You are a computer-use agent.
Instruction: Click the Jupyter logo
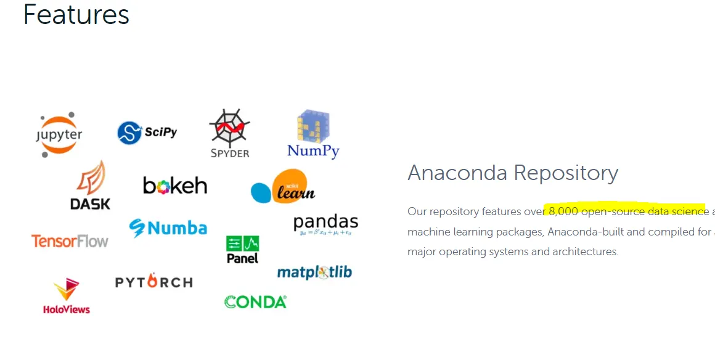[59, 134]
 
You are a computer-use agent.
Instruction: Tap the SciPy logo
[147, 133]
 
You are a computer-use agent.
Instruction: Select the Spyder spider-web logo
[229, 134]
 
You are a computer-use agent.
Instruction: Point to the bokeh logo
[175, 185]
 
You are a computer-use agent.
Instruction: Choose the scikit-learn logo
[284, 187]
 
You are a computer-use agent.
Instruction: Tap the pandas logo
[325, 224]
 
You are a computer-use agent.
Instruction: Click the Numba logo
[168, 228]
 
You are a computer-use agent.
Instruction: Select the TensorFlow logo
[70, 240]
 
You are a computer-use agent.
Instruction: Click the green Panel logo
[242, 249]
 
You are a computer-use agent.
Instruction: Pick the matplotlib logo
[314, 272]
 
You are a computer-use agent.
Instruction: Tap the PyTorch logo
[153, 282]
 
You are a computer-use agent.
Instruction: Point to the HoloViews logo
[67, 297]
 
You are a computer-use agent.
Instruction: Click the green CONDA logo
[255, 302]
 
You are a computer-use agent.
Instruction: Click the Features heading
[76, 15]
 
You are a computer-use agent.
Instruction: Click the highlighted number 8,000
[563, 211]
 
